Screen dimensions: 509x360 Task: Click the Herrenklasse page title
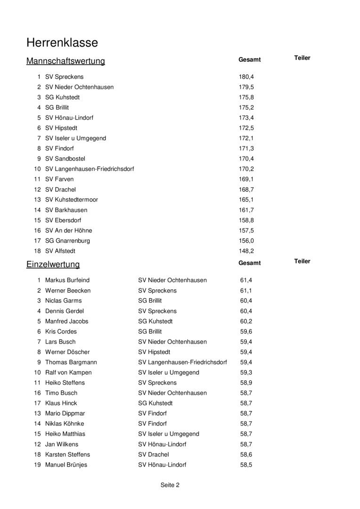62,43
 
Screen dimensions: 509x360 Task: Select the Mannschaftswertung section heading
65,61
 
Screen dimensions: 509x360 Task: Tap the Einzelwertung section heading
53,264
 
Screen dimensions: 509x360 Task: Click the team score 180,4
246,77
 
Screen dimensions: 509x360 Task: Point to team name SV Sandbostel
65,159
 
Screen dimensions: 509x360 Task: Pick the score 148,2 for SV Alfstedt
246,251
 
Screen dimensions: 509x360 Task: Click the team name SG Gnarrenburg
67,241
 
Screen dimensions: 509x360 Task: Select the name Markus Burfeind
67,280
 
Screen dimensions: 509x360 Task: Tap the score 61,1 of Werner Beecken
246,291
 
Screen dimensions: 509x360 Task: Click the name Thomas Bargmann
71,362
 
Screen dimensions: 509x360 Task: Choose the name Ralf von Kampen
68,373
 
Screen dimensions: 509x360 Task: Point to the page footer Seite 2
170,485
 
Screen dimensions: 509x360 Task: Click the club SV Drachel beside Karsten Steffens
153,455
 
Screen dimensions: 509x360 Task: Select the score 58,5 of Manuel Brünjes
246,465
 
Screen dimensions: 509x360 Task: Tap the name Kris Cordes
61,332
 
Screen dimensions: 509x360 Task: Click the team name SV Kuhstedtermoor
72,200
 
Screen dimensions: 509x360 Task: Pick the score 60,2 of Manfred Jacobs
246,321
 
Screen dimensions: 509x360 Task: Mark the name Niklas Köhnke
65,424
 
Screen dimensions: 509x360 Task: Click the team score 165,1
246,200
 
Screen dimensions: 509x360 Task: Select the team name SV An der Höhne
68,230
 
